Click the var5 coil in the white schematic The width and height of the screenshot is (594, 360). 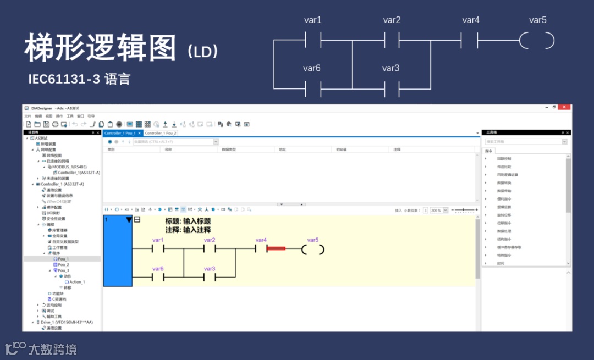tap(537, 41)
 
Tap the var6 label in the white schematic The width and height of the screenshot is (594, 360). tap(312, 68)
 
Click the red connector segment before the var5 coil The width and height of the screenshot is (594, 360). tap(276, 248)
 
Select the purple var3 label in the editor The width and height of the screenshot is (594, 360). tap(209, 269)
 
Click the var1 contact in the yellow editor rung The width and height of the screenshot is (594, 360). tap(158, 248)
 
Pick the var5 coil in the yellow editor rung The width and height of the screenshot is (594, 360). tap(313, 249)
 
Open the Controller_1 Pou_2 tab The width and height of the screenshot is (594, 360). tap(161, 133)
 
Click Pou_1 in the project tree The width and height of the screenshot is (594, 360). tap(64, 259)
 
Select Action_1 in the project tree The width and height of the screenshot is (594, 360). tap(76, 282)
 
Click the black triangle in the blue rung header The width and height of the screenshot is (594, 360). tap(129, 220)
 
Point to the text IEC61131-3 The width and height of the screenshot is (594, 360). tap(64, 79)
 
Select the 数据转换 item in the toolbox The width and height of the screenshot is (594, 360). tap(504, 182)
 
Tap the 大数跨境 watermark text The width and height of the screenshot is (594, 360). tap(52, 349)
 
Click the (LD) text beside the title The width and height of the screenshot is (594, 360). tap(203, 52)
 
